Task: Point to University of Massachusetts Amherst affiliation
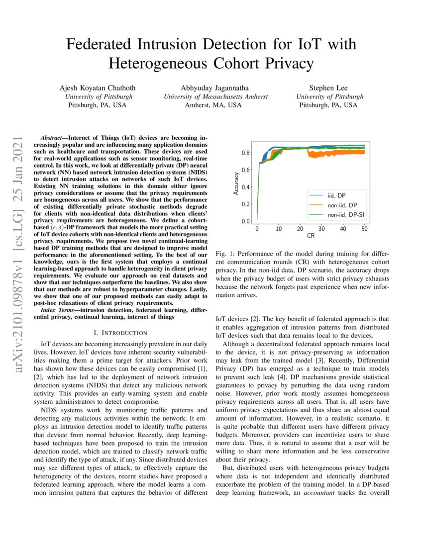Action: coord(216,96)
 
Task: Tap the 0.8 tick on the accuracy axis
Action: coord(246,153)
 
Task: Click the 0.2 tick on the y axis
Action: coord(246,204)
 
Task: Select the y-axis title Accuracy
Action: coord(237,183)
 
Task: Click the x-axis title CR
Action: coord(311,236)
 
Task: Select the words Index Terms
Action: coord(57,310)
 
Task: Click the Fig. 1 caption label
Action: coord(224,254)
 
